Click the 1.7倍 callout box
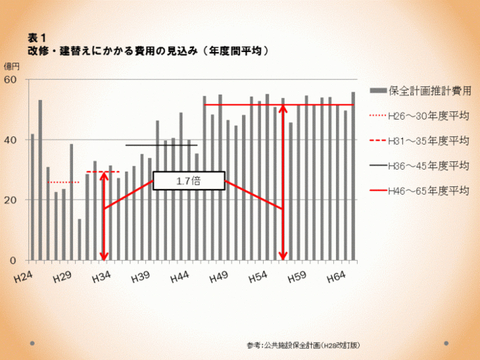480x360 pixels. point(189,181)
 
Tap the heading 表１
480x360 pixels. point(37,38)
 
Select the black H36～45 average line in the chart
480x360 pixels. point(161,145)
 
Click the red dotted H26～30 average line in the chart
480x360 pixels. point(63,182)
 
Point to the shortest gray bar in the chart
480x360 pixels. point(79,240)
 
